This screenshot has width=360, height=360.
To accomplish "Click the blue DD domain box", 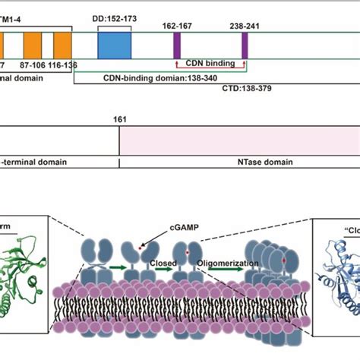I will (114, 46).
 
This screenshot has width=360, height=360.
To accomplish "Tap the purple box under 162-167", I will (177, 46).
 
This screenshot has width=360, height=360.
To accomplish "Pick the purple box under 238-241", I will (245, 46).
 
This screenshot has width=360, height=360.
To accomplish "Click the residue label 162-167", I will (177, 24).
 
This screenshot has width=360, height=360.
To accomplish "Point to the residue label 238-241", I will (245, 24).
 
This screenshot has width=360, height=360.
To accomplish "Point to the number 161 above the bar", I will (119, 119).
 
